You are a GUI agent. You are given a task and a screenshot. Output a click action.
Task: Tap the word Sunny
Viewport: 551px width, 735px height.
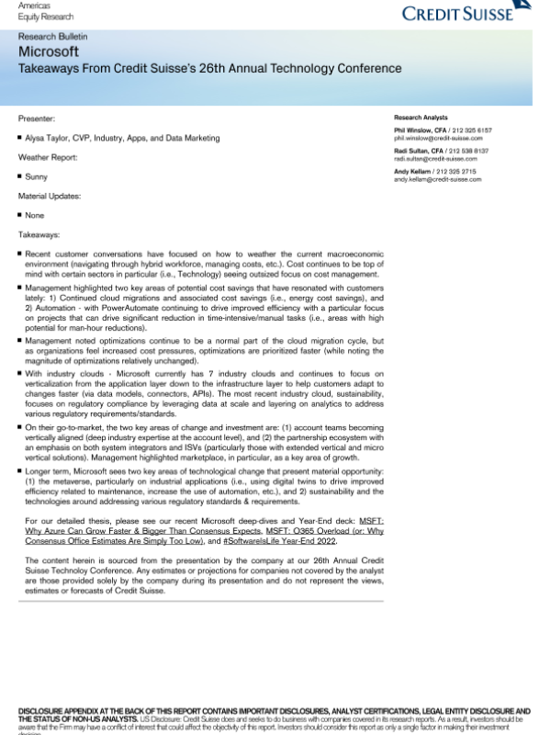tap(37, 176)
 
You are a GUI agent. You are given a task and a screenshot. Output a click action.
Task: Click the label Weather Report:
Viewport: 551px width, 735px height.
tap(48, 157)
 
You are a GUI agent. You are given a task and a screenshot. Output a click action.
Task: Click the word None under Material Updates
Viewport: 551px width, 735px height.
tap(36, 215)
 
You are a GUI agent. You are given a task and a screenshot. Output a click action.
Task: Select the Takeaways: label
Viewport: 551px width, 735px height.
tap(39, 234)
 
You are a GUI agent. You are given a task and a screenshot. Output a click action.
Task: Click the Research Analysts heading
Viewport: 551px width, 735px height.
tap(421, 119)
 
